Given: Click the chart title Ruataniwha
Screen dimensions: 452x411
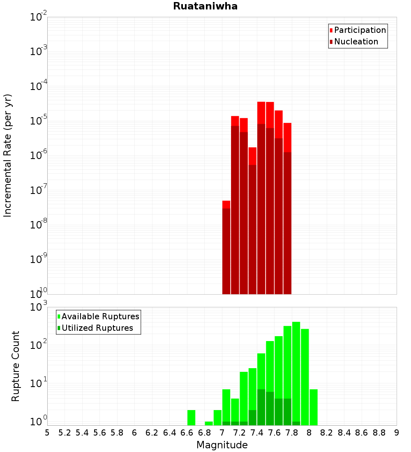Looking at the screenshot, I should [205, 6].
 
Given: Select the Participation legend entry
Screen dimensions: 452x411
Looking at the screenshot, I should [360, 30].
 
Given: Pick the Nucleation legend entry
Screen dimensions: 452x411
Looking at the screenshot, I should [356, 42].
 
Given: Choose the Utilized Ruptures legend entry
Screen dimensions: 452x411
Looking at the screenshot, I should [97, 328].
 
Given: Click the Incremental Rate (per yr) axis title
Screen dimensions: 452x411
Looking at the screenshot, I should [8, 155].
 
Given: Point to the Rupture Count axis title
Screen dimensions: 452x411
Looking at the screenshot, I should [16, 366].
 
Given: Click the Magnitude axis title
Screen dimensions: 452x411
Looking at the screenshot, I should [222, 445].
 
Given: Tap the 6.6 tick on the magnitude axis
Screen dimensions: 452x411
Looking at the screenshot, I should [187, 433].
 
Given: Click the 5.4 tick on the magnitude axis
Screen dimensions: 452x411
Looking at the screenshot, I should [82, 433].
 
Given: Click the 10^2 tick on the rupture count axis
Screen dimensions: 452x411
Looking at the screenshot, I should [39, 344].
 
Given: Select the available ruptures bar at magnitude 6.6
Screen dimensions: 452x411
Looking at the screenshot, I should [191, 417].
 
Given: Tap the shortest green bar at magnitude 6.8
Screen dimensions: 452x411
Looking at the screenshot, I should [209, 423].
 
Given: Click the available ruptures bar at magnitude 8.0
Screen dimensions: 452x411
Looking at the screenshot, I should [314, 407].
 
